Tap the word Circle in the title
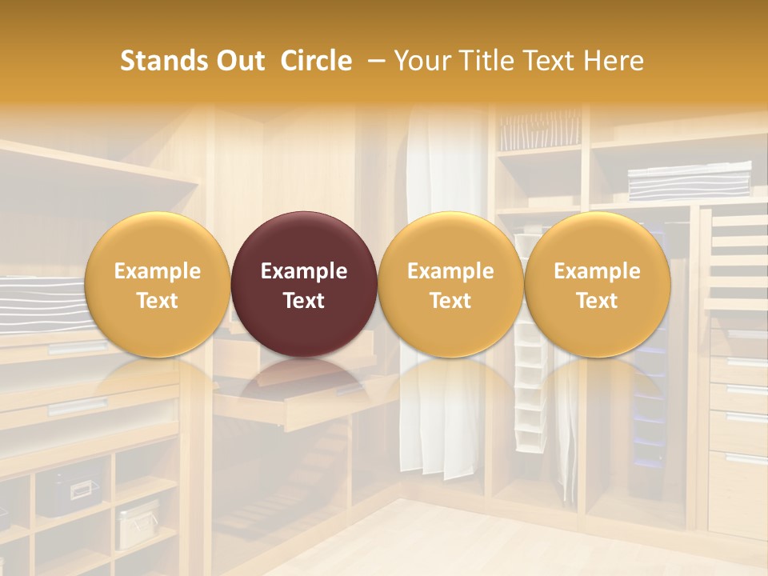[x=316, y=61]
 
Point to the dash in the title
[x=373, y=61]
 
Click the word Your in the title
[x=419, y=61]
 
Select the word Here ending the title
[x=614, y=61]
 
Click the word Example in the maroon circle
[x=304, y=271]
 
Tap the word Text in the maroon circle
[x=304, y=300]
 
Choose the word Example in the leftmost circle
[x=157, y=271]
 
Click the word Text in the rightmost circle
[x=597, y=300]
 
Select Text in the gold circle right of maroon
[x=450, y=300]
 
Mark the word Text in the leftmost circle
[x=157, y=300]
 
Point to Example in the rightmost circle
[x=597, y=271]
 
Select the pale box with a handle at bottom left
[x=138, y=524]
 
